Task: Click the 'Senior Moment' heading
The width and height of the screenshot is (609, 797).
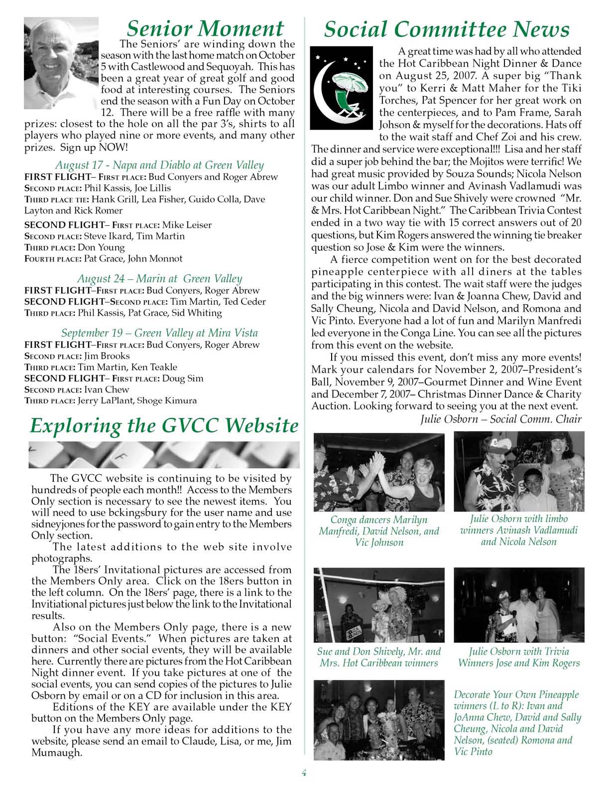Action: [205, 29]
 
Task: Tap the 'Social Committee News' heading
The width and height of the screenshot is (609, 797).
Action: [446, 30]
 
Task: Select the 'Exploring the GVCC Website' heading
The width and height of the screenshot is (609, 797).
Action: [164, 426]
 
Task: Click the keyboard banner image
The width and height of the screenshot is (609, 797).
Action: [164, 454]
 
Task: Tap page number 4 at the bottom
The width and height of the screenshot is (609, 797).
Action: [304, 773]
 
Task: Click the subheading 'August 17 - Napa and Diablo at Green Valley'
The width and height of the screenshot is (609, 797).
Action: [159, 165]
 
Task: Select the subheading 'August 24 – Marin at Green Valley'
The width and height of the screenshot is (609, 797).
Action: [159, 278]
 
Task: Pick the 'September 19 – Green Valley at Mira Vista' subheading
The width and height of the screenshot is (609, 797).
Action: [159, 333]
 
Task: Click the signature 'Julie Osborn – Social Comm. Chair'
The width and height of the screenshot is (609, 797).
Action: [501, 418]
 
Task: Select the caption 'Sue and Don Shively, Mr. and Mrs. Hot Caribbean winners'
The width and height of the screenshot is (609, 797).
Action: [379, 657]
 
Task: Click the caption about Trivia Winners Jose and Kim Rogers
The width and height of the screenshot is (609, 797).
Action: [519, 657]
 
